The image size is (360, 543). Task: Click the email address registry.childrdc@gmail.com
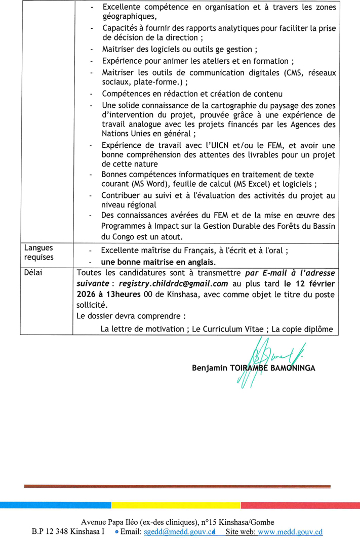[x=172, y=284]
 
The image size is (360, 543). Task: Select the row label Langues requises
[x=38, y=253]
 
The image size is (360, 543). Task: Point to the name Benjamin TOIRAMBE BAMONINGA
[x=253, y=368]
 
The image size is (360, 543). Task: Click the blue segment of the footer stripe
[x=56, y=505]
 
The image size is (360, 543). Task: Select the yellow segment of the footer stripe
[x=176, y=505]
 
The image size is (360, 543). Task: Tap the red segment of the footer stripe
[x=300, y=505]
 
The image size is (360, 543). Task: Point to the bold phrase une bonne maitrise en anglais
[x=158, y=262]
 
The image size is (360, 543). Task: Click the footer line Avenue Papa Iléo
[x=180, y=522]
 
